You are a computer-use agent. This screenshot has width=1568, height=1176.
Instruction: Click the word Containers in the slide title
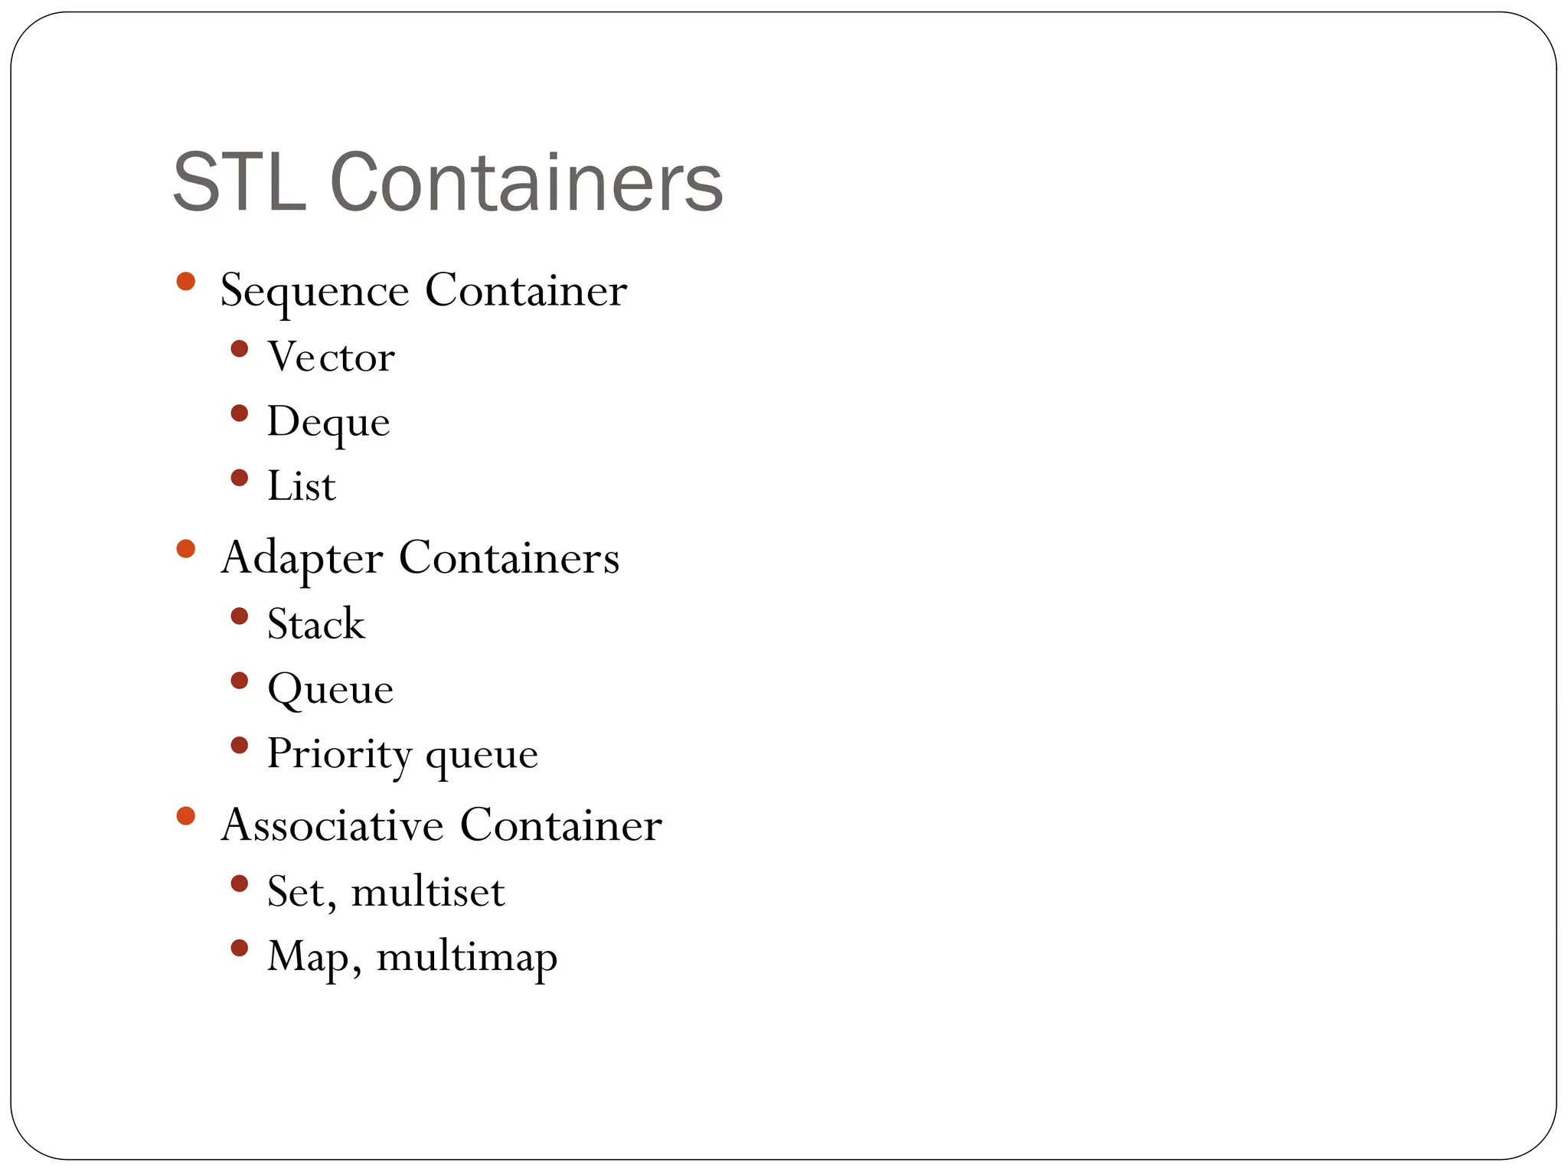click(x=527, y=183)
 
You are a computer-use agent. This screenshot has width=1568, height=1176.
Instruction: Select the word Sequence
click(x=315, y=291)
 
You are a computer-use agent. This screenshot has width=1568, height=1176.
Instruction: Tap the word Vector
click(x=331, y=358)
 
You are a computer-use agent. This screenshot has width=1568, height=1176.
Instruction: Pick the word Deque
click(x=328, y=423)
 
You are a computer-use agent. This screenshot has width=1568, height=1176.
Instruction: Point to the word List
click(x=301, y=487)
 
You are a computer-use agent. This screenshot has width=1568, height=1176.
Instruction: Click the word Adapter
click(x=302, y=558)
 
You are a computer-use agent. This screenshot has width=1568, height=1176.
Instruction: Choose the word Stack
click(x=315, y=624)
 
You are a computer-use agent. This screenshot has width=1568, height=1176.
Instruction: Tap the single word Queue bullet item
click(x=330, y=690)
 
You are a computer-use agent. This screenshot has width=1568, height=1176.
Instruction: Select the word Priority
click(x=339, y=755)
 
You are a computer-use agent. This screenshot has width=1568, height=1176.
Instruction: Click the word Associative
click(x=332, y=825)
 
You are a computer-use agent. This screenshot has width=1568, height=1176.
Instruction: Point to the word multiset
click(x=428, y=892)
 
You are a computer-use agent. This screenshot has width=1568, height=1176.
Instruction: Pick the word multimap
click(x=466, y=958)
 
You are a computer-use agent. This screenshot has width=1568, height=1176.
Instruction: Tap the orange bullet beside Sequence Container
click(x=185, y=281)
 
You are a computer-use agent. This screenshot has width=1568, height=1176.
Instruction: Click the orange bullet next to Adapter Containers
click(x=185, y=548)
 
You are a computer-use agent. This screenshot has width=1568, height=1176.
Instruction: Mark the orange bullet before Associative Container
click(x=185, y=815)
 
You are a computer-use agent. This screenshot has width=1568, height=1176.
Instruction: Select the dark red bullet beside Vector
click(x=240, y=349)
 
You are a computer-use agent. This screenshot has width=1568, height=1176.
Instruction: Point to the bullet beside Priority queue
click(x=240, y=745)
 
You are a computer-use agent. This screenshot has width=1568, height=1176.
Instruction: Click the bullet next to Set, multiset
click(x=240, y=884)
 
